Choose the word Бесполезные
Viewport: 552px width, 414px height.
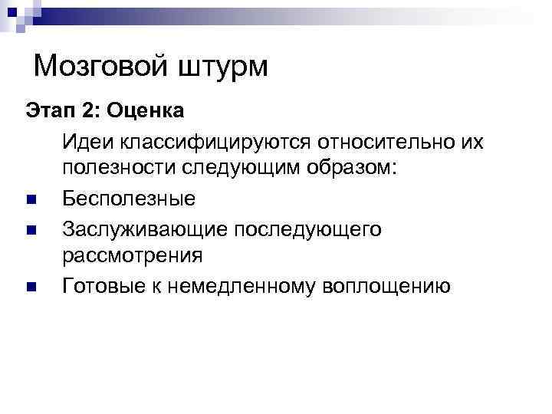click(x=129, y=199)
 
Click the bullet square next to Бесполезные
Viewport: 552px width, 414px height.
click(x=31, y=200)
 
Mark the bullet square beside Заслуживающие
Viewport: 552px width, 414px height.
click(x=31, y=229)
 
